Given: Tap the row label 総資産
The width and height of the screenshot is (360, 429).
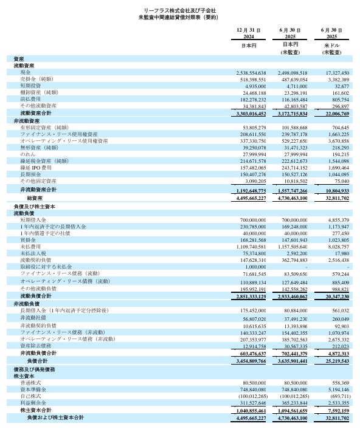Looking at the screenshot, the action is [34, 198].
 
